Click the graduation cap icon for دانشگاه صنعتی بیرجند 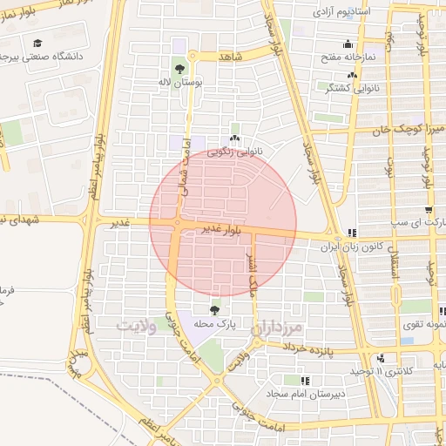(37, 44)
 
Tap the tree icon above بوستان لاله (179, 67)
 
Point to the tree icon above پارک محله (215, 309)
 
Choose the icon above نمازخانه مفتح (348, 44)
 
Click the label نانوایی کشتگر (352, 88)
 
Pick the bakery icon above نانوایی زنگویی (233, 138)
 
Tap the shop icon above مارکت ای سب (429, 210)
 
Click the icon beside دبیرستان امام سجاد (305, 381)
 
